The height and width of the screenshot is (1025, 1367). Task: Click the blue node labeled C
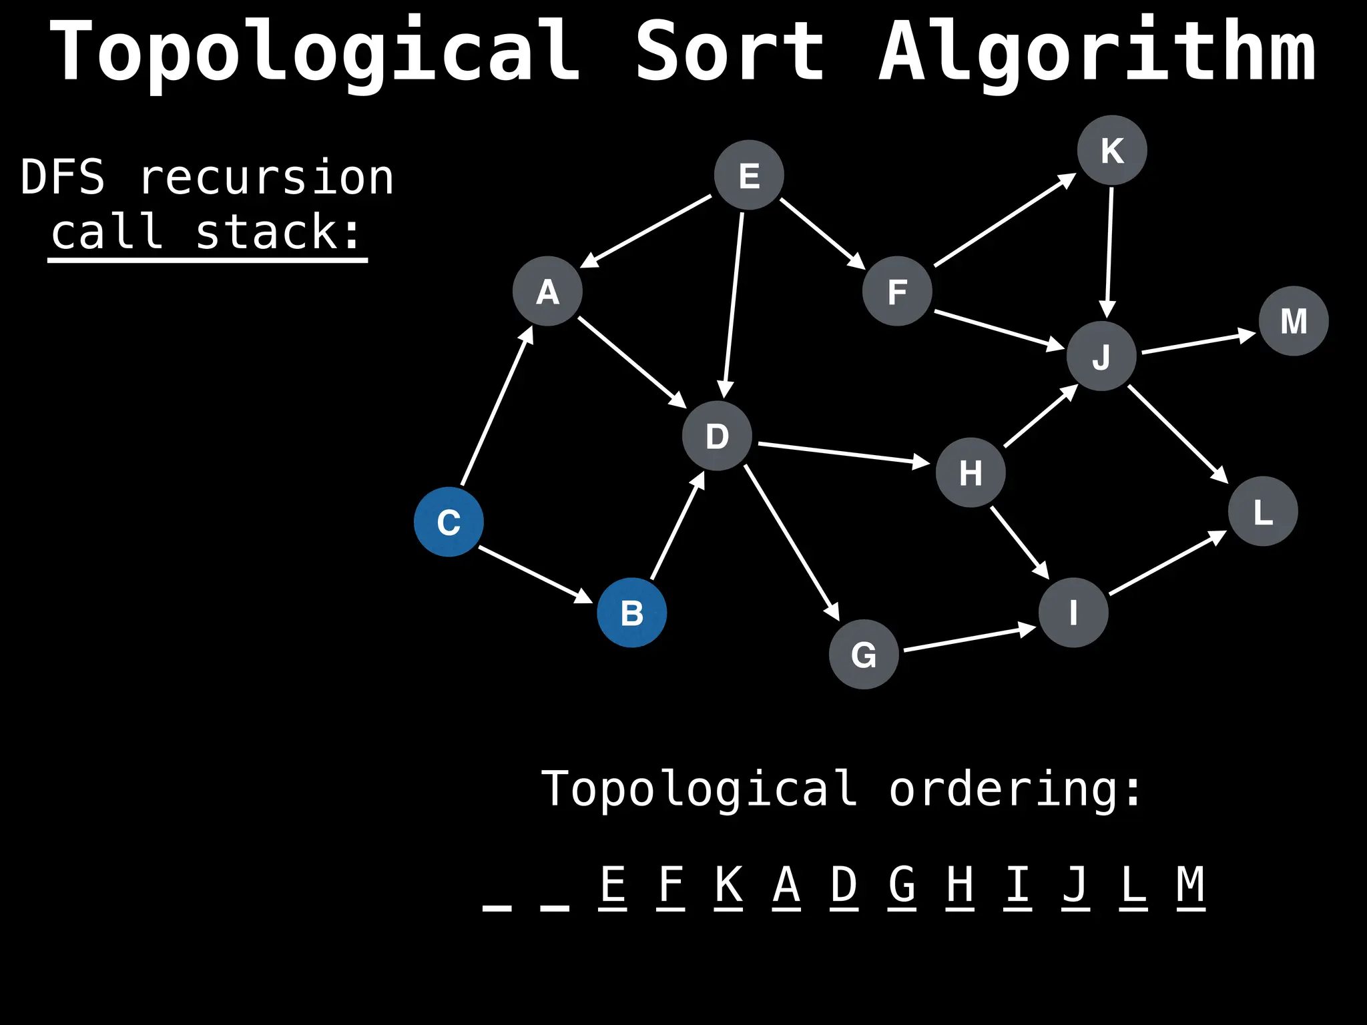click(x=449, y=522)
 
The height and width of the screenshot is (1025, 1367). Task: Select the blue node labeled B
click(x=631, y=613)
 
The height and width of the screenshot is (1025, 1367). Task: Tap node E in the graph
click(x=749, y=175)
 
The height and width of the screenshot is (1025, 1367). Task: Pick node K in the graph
click(x=1112, y=150)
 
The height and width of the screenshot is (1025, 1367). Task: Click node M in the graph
click(x=1294, y=321)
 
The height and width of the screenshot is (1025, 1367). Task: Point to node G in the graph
click(x=864, y=654)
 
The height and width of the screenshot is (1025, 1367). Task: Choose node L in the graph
click(x=1263, y=511)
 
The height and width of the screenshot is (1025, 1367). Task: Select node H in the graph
click(x=971, y=472)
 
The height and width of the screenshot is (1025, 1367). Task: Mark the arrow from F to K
click(x=1005, y=220)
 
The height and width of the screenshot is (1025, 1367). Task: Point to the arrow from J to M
click(x=1198, y=342)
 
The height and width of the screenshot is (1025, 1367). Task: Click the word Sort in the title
click(x=730, y=52)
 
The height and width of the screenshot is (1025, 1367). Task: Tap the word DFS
click(x=63, y=178)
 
